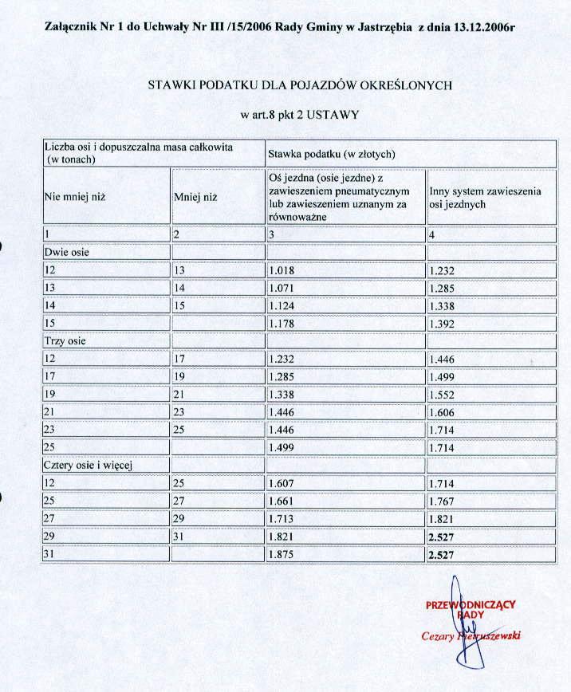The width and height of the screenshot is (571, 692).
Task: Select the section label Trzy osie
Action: [65, 340]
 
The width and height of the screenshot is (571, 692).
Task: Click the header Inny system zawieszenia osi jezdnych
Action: [485, 198]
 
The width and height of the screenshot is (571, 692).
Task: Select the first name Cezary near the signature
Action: [439, 636]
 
